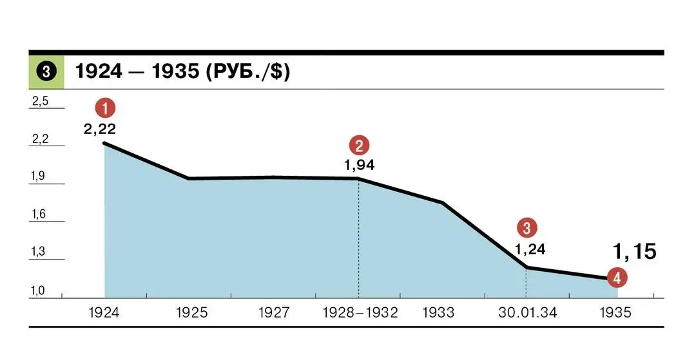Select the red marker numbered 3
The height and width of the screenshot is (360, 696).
click(527, 227)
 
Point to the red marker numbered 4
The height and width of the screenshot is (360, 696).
click(617, 278)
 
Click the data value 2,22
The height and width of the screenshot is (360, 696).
click(100, 129)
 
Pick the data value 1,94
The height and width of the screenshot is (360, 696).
click(359, 165)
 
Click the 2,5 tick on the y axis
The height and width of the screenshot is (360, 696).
click(40, 101)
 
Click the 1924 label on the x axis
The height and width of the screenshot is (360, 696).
click(104, 313)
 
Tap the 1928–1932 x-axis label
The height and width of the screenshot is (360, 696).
click(360, 313)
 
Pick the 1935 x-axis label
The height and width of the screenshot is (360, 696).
click(616, 313)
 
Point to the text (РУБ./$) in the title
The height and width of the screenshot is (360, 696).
click(247, 71)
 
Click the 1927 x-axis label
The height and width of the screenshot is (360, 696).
click(274, 313)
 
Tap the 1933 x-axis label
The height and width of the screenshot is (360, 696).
click(439, 313)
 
